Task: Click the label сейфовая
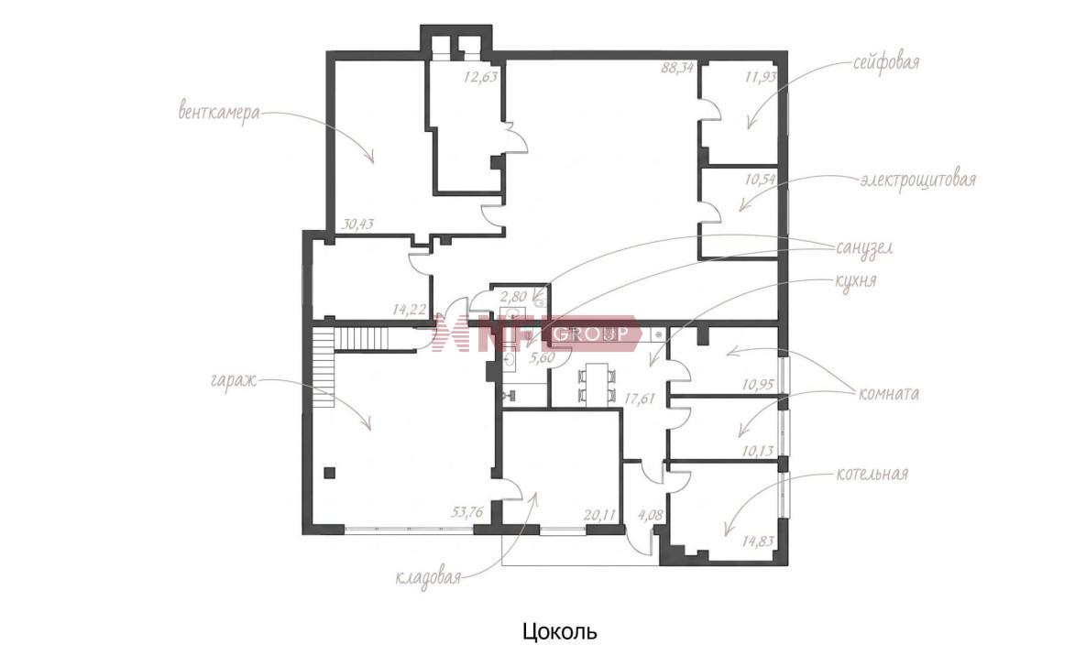(886, 63)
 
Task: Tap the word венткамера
(219, 111)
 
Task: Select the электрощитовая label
(918, 180)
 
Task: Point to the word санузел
(864, 247)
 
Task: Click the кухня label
(855, 280)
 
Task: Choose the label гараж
(234, 379)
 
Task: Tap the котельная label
(872, 474)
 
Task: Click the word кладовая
(426, 578)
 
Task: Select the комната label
(888, 393)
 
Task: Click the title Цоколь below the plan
(559, 630)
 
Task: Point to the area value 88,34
(677, 68)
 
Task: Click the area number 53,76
(467, 511)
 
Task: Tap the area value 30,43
(357, 224)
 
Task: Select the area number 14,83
(758, 541)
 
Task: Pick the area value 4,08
(651, 514)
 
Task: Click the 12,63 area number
(480, 76)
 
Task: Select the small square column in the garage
(330, 472)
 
